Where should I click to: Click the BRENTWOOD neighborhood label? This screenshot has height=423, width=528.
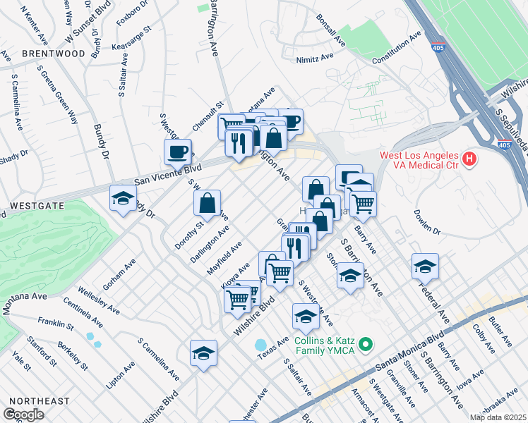[53, 54]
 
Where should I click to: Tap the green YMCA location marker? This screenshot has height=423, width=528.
[365, 345]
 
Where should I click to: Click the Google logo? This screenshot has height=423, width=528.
[23, 414]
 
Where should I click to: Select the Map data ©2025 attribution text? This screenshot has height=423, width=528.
[498, 417]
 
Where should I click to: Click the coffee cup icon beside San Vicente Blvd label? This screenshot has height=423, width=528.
[177, 151]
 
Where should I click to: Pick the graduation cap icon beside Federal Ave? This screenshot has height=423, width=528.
[425, 266]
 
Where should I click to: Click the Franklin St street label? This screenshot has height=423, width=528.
[56, 325]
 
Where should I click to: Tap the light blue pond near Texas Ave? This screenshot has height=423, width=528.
[262, 345]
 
